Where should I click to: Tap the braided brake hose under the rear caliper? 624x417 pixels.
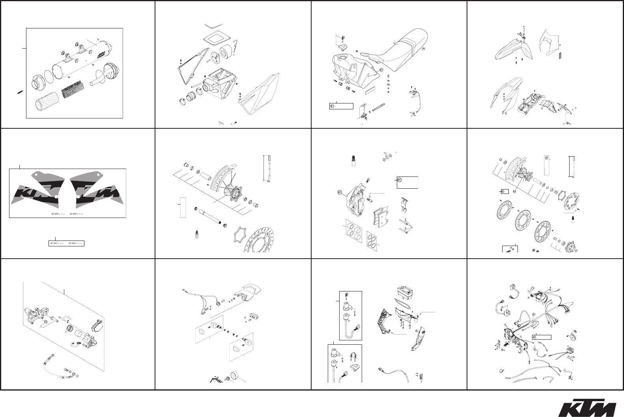pos(55,365)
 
